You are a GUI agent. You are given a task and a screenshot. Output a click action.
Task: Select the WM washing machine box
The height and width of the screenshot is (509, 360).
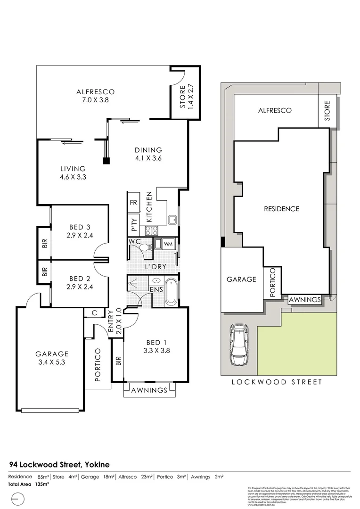[x=168, y=244]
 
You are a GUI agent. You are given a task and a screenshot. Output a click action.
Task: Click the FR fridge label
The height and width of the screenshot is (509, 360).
[x=133, y=204]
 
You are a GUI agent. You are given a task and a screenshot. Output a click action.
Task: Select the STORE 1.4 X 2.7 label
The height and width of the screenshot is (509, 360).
[x=187, y=97]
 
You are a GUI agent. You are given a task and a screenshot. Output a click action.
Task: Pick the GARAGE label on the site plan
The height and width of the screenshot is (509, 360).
[x=242, y=279]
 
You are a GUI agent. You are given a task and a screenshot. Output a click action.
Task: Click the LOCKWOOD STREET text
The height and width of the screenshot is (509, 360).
[x=277, y=382]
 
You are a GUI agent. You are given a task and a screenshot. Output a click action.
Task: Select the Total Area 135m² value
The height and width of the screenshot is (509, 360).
[x=34, y=484]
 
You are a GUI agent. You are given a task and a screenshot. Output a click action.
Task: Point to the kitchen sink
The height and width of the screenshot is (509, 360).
[x=172, y=219]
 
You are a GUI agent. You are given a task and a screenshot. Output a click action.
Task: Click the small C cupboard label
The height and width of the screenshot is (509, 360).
[x=95, y=312]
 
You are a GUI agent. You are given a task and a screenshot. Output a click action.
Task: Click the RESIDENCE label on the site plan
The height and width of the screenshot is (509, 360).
[x=281, y=209]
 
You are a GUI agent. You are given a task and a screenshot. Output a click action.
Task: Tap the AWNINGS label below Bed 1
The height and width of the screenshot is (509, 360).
[x=149, y=390]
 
